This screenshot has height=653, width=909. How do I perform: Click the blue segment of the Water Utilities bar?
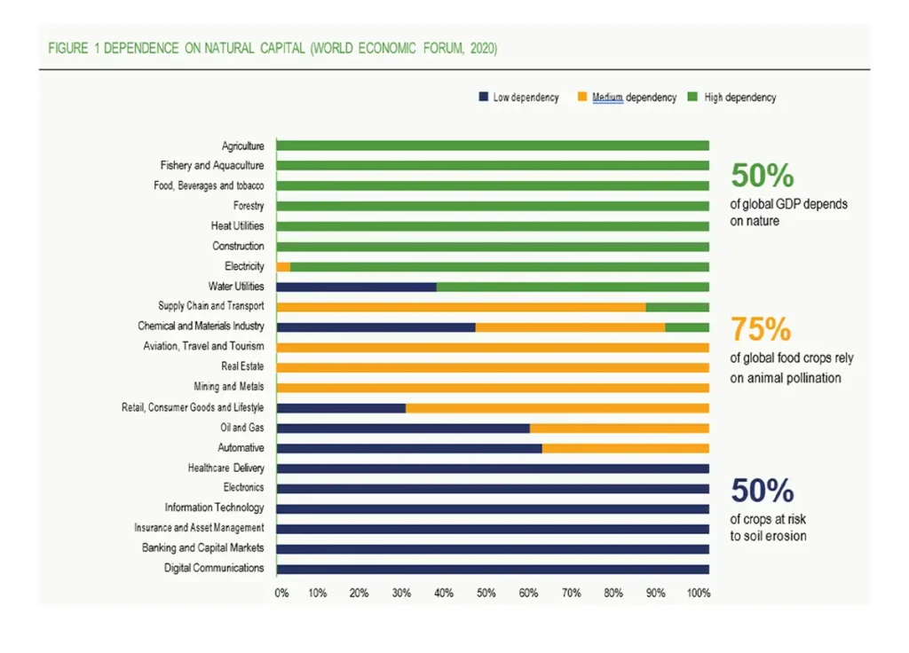(356, 287)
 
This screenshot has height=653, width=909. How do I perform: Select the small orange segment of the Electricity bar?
(283, 266)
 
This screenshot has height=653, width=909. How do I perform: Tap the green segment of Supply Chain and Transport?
(677, 307)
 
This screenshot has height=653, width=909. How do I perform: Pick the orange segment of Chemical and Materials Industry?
(570, 326)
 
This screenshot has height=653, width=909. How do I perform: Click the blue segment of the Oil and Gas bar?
(403, 428)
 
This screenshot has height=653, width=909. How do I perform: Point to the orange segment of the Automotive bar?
(625, 448)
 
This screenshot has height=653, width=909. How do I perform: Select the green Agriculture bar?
(493, 146)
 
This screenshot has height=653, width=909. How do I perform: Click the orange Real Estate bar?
(493, 367)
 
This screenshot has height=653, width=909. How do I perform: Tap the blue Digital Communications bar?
(493, 569)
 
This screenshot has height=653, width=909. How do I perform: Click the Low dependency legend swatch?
(483, 97)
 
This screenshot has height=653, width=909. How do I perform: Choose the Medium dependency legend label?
(634, 98)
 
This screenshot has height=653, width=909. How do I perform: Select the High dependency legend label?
(740, 98)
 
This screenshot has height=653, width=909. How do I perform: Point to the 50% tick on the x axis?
(487, 593)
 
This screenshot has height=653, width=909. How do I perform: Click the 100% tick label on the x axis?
(699, 593)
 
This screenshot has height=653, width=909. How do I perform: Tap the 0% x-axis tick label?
(281, 593)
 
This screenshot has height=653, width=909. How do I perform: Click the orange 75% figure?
(761, 329)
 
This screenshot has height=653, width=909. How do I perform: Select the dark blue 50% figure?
(762, 490)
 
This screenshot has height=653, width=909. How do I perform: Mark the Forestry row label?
(249, 206)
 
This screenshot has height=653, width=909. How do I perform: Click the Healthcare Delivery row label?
(225, 468)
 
